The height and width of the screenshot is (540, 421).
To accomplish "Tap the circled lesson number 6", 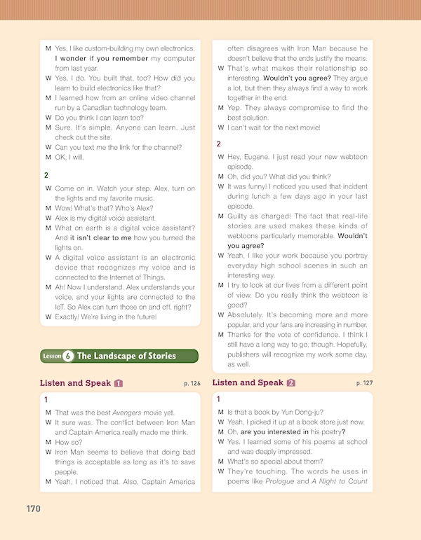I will click(68, 356).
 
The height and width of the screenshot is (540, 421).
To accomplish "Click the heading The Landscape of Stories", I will click(126, 356).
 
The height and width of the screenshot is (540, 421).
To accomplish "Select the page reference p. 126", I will click(191, 384).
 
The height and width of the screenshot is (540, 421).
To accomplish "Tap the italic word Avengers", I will click(130, 413).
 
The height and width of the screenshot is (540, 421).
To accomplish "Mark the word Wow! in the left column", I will click(65, 208).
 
